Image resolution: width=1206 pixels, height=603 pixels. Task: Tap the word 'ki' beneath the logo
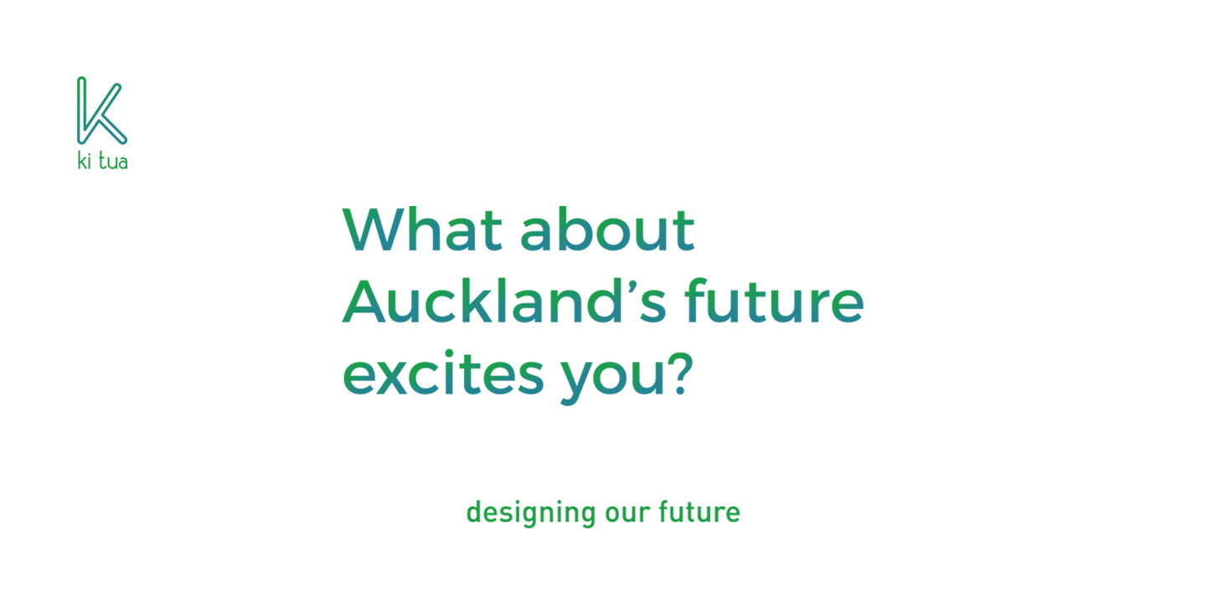tap(84, 161)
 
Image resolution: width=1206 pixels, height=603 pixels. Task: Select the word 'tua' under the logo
tap(113, 162)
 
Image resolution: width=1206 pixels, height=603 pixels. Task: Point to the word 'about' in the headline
tap(607, 229)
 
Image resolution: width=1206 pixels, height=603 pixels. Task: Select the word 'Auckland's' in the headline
tap(504, 301)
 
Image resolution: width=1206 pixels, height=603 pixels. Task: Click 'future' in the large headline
tap(774, 301)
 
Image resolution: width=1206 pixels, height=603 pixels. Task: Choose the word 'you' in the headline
tap(614, 379)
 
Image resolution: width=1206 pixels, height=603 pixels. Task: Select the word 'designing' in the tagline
tap(531, 513)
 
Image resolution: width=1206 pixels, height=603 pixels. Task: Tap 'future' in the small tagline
tap(699, 512)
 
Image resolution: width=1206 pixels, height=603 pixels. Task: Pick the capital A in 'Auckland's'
tap(364, 301)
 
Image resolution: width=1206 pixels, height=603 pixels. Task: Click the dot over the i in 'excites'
tap(448, 353)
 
